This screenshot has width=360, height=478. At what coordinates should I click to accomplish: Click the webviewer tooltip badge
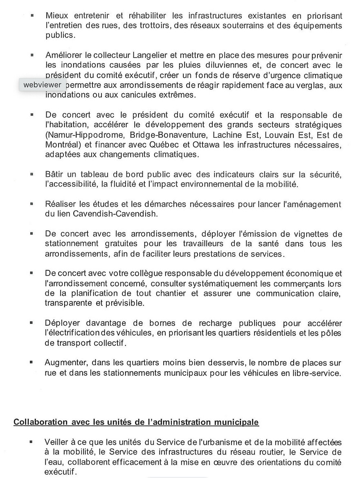click(x=43, y=85)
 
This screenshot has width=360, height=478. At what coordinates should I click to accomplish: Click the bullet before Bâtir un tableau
click(x=32, y=174)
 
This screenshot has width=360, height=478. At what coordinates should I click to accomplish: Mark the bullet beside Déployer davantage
click(x=32, y=323)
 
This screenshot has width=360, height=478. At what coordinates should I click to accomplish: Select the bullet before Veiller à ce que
click(x=32, y=442)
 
